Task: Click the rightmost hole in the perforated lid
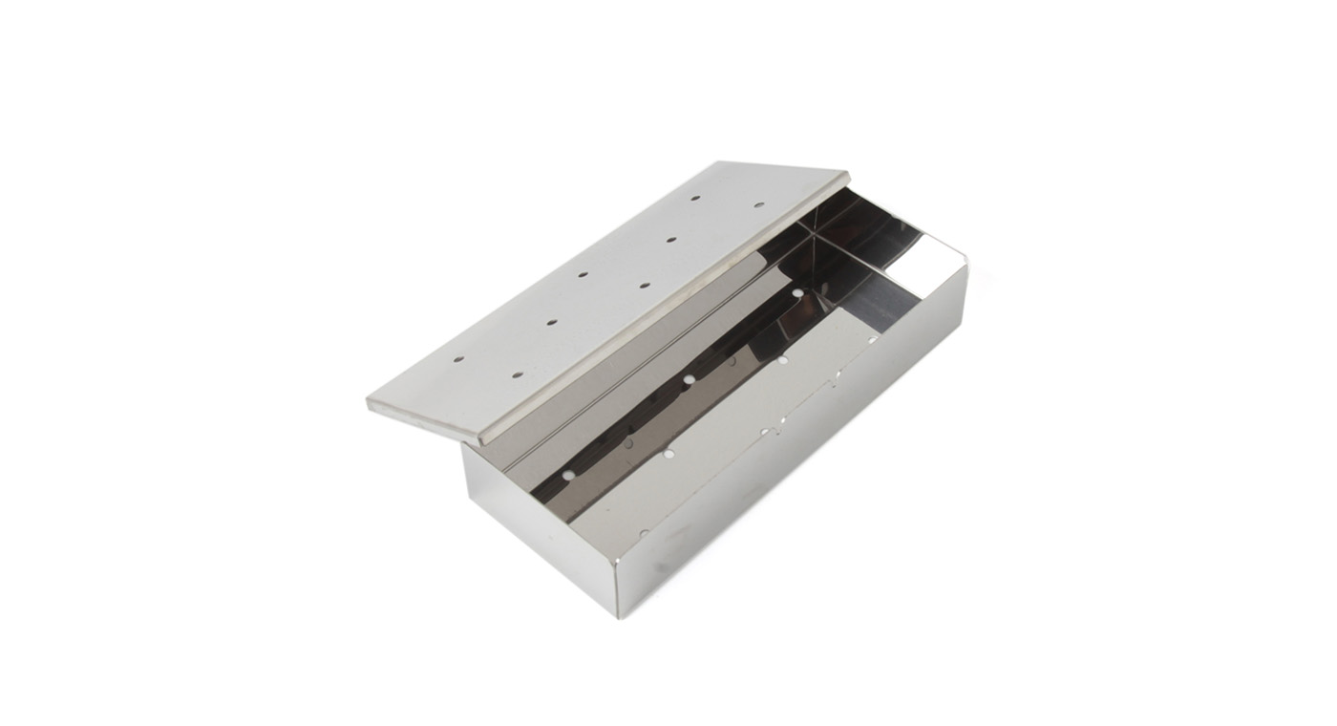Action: pos(759,204)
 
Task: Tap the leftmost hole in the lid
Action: pos(458,360)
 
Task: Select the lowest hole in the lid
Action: pos(517,374)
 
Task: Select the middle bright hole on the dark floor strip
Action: pos(689,380)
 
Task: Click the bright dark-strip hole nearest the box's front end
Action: pos(569,474)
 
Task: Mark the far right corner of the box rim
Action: pos(966,267)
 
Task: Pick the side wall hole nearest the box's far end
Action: pos(871,339)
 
